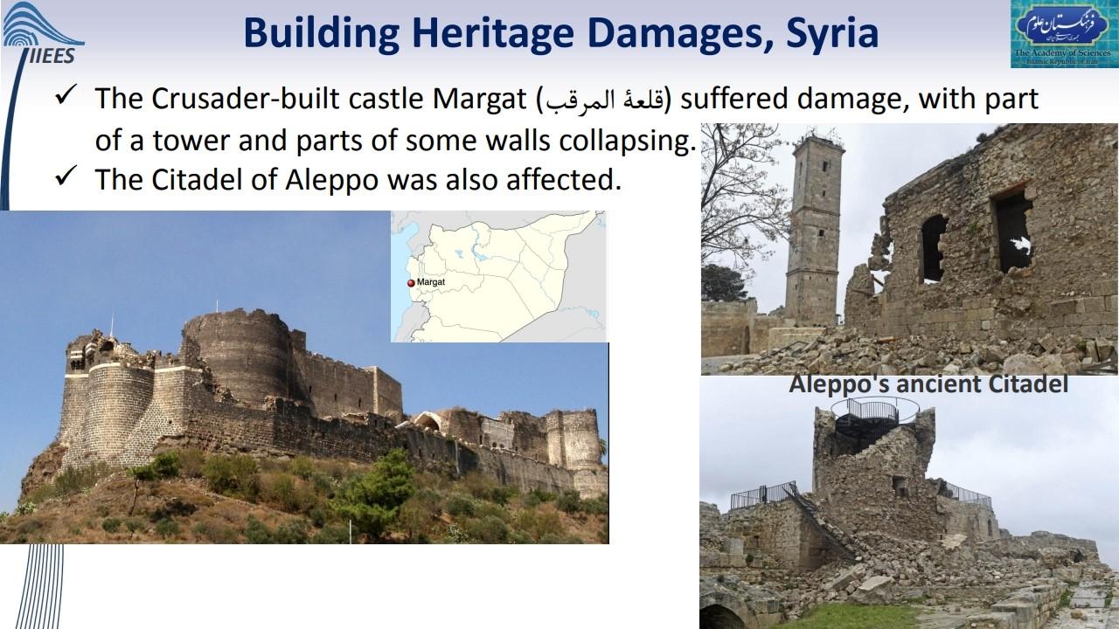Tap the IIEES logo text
(x=52, y=55)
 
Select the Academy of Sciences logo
(x=1062, y=34)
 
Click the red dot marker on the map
(x=411, y=283)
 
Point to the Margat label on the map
(x=431, y=282)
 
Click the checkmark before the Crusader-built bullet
(x=66, y=95)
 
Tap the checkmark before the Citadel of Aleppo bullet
(x=66, y=176)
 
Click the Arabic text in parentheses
(x=603, y=100)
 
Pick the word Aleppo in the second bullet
(x=331, y=181)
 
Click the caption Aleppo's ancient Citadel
(x=928, y=384)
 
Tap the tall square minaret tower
(x=814, y=230)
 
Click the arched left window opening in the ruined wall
(x=933, y=248)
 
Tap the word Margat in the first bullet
(x=479, y=100)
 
